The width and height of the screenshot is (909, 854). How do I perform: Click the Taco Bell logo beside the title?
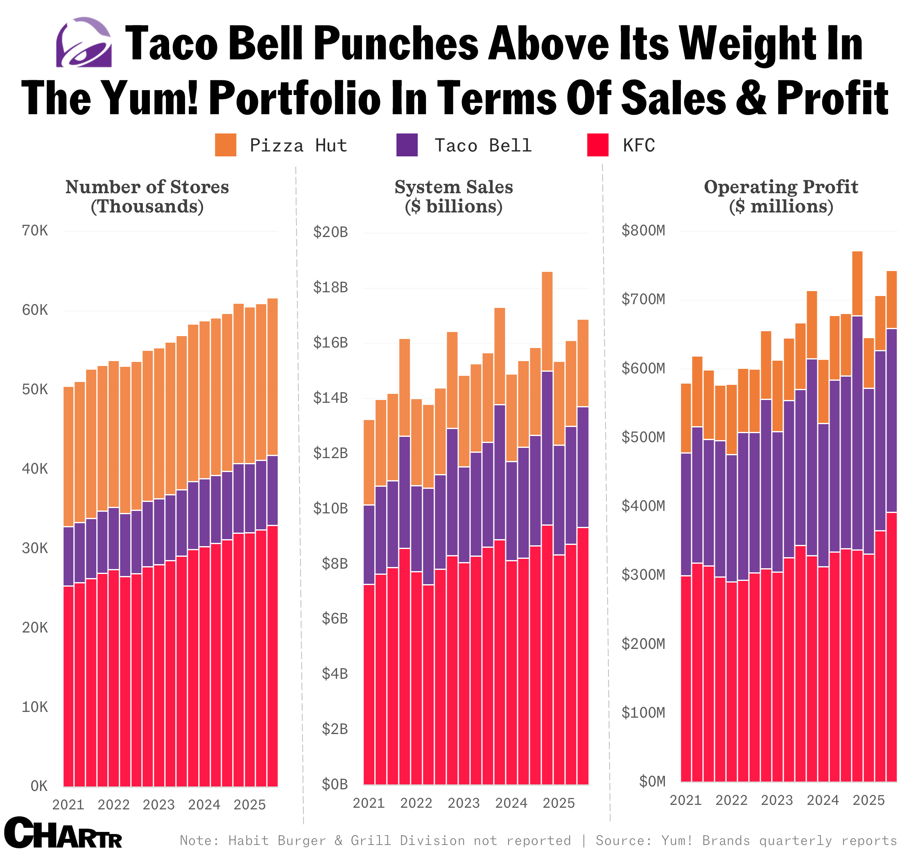point(84,43)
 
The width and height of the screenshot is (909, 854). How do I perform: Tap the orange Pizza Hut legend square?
point(226,145)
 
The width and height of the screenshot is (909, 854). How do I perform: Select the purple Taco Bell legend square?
point(407,145)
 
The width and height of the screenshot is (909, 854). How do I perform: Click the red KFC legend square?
point(598,145)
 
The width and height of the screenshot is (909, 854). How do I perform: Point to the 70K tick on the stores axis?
point(35,231)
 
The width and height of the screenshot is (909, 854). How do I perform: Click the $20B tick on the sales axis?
point(330,232)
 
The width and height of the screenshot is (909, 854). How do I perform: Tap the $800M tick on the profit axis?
point(643,230)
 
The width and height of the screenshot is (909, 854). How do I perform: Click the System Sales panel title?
point(454,197)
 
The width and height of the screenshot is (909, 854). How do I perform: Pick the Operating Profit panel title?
point(781,197)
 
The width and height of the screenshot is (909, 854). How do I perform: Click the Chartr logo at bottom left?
point(63,834)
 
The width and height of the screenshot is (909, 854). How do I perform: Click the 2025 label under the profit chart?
point(869,800)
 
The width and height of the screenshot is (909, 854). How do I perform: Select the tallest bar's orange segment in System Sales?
point(547,321)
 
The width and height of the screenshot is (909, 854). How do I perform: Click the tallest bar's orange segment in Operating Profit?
point(857,283)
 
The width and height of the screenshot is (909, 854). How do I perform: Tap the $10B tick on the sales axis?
point(330,508)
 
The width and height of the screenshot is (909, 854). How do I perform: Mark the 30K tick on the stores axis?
point(35,548)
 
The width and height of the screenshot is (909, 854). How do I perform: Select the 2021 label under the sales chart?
point(369,803)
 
